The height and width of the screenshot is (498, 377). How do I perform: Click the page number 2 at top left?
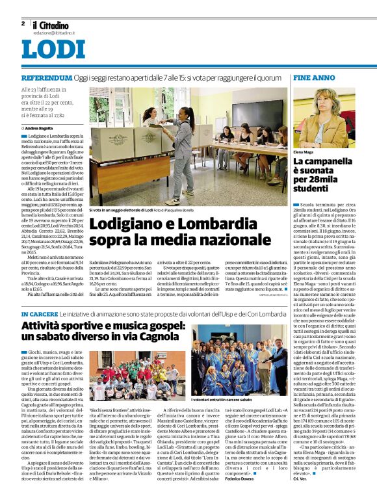pyautogui.click(x=23, y=23)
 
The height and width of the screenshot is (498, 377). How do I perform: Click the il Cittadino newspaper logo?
pyautogui.click(x=52, y=24)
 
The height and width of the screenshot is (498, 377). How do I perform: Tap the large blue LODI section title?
pyautogui.click(x=53, y=49)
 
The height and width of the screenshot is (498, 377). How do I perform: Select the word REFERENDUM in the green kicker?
pyautogui.click(x=45, y=77)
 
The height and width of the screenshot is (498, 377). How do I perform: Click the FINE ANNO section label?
pyautogui.click(x=314, y=77)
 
